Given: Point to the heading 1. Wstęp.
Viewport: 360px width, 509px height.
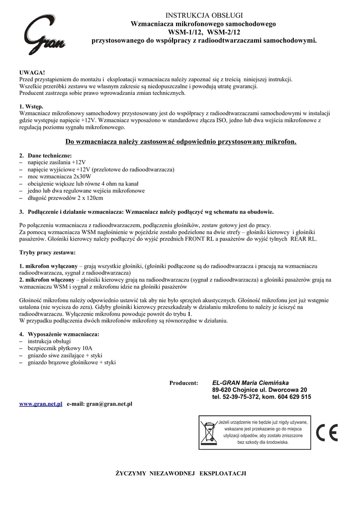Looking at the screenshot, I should (x=31, y=106).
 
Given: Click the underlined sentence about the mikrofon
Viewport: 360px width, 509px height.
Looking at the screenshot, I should (x=180, y=142).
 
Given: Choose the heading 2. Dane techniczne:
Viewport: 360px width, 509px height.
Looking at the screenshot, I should (x=46, y=156).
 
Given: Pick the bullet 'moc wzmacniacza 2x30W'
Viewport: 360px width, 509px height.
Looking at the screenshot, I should (x=60, y=176).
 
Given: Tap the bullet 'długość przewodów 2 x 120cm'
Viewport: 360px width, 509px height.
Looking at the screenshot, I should (x=65, y=198).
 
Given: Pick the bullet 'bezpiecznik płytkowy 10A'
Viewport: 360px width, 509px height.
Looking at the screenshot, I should (x=60, y=348).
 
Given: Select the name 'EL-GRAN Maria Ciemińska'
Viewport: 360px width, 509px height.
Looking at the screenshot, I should (x=250, y=383).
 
